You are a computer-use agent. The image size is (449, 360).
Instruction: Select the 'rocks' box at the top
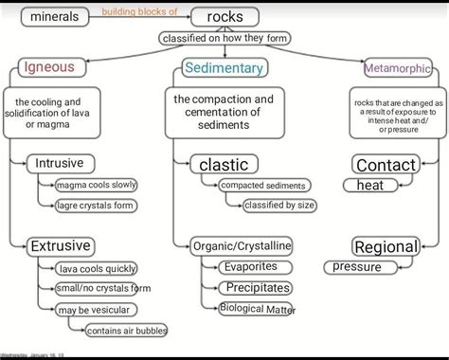tap(224, 17)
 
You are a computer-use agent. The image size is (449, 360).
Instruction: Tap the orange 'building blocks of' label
tap(139, 11)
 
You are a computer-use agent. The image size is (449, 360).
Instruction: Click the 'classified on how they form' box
tap(224, 38)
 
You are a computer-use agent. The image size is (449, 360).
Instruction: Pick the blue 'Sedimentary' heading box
tap(224, 68)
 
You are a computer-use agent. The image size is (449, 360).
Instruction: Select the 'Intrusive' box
tap(60, 164)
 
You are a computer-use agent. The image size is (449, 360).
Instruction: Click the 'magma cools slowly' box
tap(96, 185)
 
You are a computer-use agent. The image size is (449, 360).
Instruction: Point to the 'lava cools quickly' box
tap(96, 268)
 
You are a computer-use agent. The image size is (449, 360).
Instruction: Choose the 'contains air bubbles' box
tap(125, 331)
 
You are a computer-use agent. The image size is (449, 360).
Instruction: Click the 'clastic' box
tap(224, 165)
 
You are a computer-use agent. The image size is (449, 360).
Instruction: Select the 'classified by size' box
tap(280, 205)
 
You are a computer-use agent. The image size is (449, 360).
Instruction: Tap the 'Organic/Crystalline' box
tap(241, 246)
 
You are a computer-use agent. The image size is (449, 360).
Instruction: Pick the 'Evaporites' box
tap(250, 267)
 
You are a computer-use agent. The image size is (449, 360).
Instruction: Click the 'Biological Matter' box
tap(257, 309)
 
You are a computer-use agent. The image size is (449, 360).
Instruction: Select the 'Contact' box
tap(386, 165)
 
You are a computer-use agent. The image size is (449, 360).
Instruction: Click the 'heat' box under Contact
tap(370, 186)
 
